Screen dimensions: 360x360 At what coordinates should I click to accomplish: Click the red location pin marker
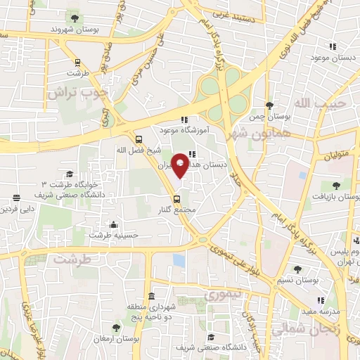[x=180, y=165]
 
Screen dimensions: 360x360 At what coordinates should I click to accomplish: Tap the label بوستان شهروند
[x=73, y=30]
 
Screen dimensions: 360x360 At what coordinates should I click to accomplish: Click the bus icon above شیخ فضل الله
[x=139, y=139]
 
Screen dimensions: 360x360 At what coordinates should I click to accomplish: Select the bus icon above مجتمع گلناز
[x=176, y=198]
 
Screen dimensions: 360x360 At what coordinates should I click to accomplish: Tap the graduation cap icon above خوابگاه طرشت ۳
[x=70, y=174]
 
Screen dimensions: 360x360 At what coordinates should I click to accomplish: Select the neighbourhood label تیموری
[x=221, y=295]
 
